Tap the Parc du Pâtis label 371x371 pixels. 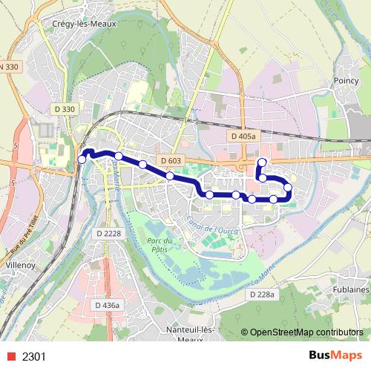click(160, 245)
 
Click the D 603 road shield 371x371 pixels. click(170, 161)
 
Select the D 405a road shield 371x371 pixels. click(243, 137)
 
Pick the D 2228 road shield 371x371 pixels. click(108, 234)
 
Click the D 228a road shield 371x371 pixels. click(263, 295)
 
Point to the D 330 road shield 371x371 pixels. click(64, 110)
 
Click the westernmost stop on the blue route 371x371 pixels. click(82, 160)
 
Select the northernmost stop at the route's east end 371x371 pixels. click(261, 162)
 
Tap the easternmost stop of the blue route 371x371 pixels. click(288, 187)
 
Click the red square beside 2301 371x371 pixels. click(8, 357)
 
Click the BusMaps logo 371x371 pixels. click(335, 356)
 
